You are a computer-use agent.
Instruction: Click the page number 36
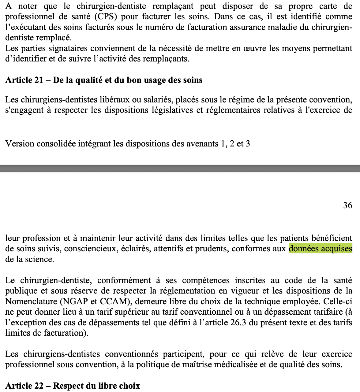347,205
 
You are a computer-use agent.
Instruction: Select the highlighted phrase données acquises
320,248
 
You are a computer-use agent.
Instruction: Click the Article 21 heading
104,80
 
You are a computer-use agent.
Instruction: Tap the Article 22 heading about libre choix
73,386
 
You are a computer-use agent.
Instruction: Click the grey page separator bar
180,168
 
